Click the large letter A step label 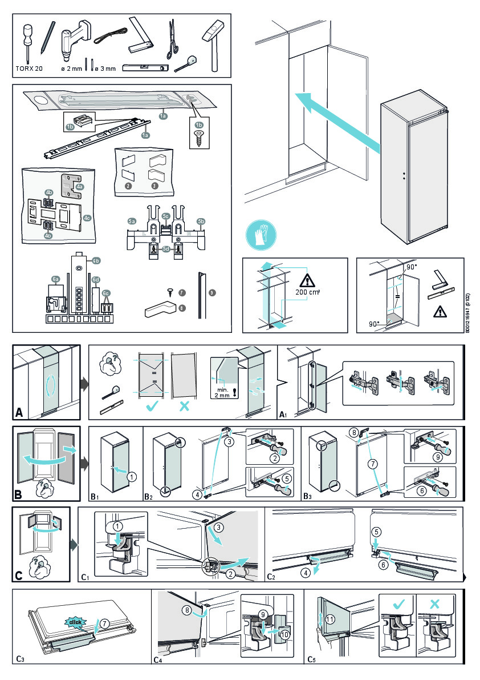tap(20, 412)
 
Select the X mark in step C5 tap(437, 603)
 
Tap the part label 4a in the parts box tap(80, 186)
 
